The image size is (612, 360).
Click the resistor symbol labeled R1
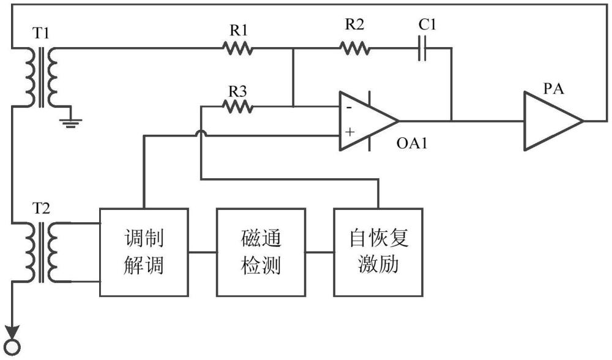coord(237,48)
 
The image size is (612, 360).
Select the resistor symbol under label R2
coord(355,48)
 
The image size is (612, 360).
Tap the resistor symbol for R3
coord(238,107)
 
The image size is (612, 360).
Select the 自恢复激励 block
coord(378,252)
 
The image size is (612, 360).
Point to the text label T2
coord(41,207)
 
